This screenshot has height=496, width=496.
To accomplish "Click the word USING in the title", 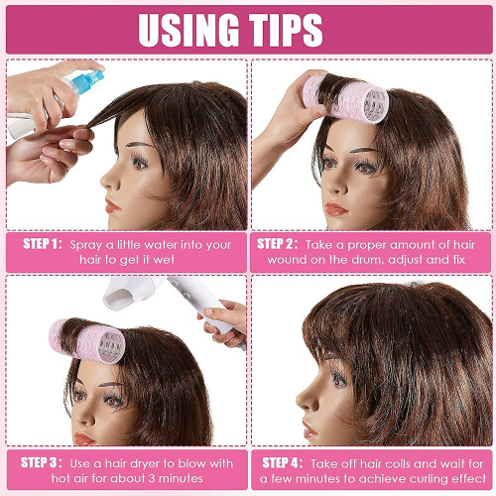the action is coord(188,30).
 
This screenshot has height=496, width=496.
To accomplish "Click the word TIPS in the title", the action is coord(286,30).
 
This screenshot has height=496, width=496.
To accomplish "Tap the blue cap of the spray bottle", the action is coord(90,81).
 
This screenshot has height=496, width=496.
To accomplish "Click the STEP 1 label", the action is coord(43,244).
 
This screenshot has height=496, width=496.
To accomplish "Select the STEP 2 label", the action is coord(277,244).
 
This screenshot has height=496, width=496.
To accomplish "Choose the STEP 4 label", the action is coord(283,462).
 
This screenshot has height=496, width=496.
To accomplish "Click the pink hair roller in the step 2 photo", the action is coord(345,98).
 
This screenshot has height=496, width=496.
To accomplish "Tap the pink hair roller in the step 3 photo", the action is coord(86,340).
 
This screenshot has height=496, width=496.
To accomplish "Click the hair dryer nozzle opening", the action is coord(121,296).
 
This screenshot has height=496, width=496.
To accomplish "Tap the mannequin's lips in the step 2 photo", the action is coord(335,209).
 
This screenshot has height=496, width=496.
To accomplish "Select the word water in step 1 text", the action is coord(162,245).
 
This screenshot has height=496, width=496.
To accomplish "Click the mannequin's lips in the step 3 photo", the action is coord(83,439).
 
